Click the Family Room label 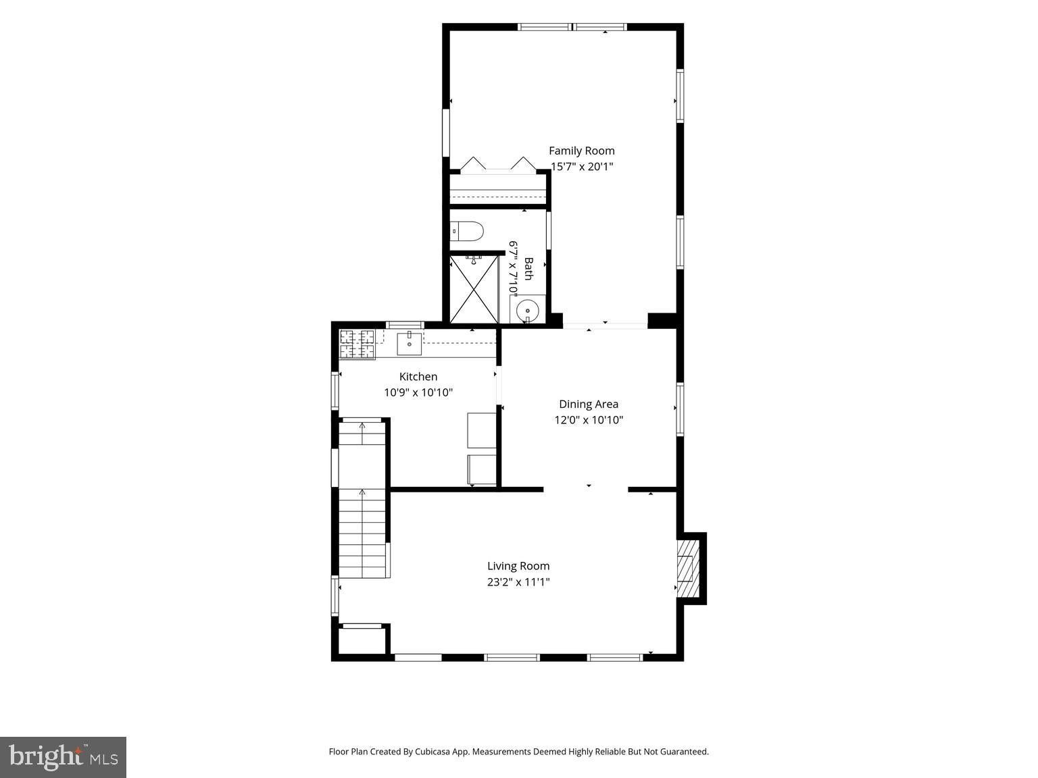pyautogui.click(x=581, y=151)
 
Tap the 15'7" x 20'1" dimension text pyautogui.click(x=582, y=167)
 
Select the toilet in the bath pyautogui.click(x=467, y=232)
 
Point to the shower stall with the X pyautogui.click(x=474, y=290)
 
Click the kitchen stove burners pyautogui.click(x=357, y=344)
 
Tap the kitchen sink pyautogui.click(x=409, y=344)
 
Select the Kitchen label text pyautogui.click(x=418, y=377)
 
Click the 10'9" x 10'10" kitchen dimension pyautogui.click(x=418, y=392)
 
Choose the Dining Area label pyautogui.click(x=589, y=405)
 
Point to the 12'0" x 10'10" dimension pyautogui.click(x=589, y=420)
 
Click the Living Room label pyautogui.click(x=518, y=566)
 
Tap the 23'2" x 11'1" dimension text pyautogui.click(x=518, y=582)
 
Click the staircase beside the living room pyautogui.click(x=363, y=499)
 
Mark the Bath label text pyautogui.click(x=528, y=269)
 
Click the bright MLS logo pyautogui.click(x=63, y=757)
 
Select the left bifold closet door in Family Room pyautogui.click(x=473, y=163)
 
